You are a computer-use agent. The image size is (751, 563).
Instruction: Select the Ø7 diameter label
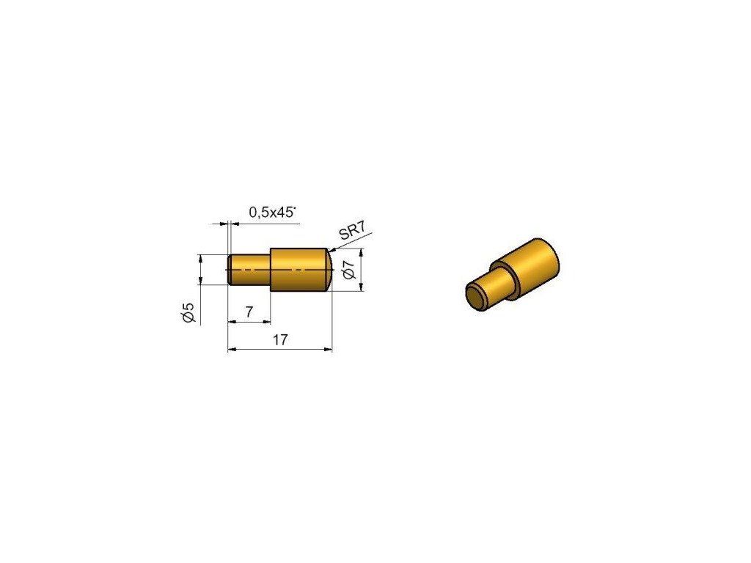[349, 270]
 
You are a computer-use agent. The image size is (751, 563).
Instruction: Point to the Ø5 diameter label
[188, 312]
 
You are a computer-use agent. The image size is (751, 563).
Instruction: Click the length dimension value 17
[280, 340]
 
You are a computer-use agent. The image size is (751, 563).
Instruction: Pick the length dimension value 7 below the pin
[249, 312]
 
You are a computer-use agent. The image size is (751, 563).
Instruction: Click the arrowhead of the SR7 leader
[331, 250]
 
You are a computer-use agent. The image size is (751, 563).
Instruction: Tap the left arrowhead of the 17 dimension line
[231, 350]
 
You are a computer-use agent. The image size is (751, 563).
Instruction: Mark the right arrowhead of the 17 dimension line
[329, 350]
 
